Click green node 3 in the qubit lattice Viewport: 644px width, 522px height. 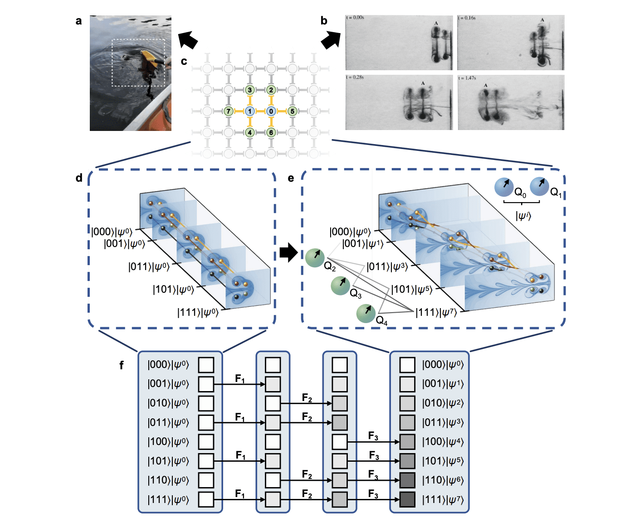coord(249,90)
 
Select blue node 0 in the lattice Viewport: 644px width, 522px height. coord(271,111)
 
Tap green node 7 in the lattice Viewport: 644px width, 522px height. coord(229,111)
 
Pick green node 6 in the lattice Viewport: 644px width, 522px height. coord(271,132)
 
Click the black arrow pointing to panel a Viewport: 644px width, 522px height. coord(188,39)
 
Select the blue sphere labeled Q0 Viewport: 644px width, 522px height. coord(504,187)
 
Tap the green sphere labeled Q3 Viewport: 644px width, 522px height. coord(340,285)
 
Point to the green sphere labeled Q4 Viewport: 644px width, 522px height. coord(366,313)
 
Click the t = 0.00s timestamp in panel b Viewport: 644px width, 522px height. coord(355,18)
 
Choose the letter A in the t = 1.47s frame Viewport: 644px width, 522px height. coord(486,85)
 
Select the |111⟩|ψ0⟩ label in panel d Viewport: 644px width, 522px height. coord(198,312)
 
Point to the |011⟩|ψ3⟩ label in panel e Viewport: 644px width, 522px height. coord(387,266)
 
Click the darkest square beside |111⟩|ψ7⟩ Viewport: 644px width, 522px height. coord(407,499)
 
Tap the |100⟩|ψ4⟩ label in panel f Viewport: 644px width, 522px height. coord(443,441)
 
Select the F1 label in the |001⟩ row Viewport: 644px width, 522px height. coord(240,378)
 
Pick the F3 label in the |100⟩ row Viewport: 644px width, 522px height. coord(373,436)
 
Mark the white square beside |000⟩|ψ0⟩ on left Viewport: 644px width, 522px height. coord(206,365)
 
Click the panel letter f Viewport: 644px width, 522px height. coord(122,365)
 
